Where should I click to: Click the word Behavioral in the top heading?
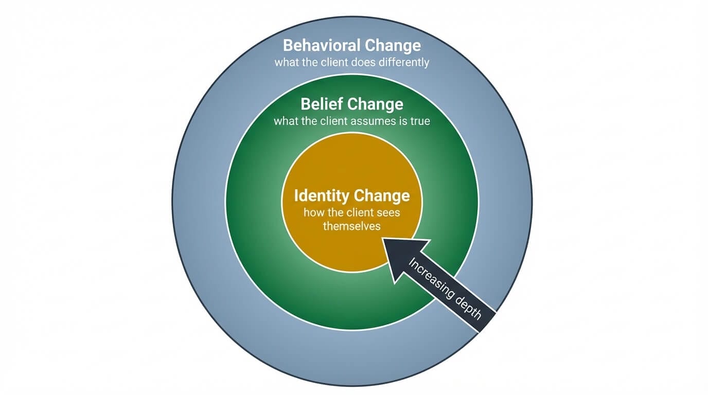322,45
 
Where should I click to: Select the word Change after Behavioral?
393,45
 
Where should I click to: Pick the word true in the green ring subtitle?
419,122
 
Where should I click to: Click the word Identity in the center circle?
322,196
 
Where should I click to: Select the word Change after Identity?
382,196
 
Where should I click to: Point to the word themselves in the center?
351,226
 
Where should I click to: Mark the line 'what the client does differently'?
352,63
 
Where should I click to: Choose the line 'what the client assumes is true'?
352,122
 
